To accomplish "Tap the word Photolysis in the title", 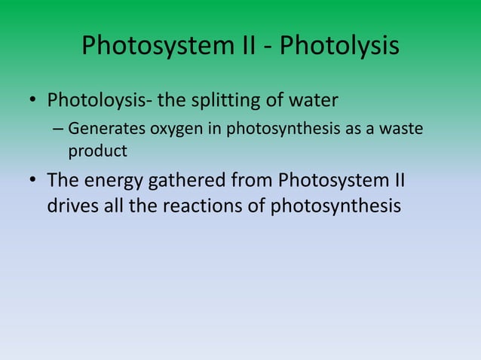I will click(339, 47).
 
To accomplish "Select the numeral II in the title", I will click(252, 47).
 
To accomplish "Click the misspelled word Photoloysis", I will click(97, 100).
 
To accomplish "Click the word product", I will click(97, 151).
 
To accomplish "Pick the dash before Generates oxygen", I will click(58, 130).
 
